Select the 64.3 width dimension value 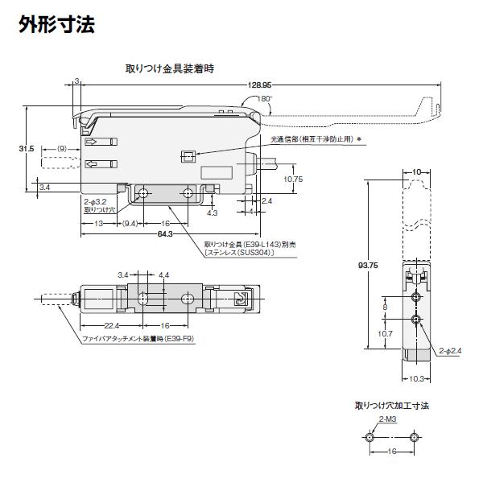(166, 234)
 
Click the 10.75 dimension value (293, 179)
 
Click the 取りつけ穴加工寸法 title (392, 406)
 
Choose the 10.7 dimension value (385, 332)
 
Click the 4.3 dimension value (212, 213)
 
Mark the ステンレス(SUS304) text (240, 253)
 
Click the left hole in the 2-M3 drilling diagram (369, 438)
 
